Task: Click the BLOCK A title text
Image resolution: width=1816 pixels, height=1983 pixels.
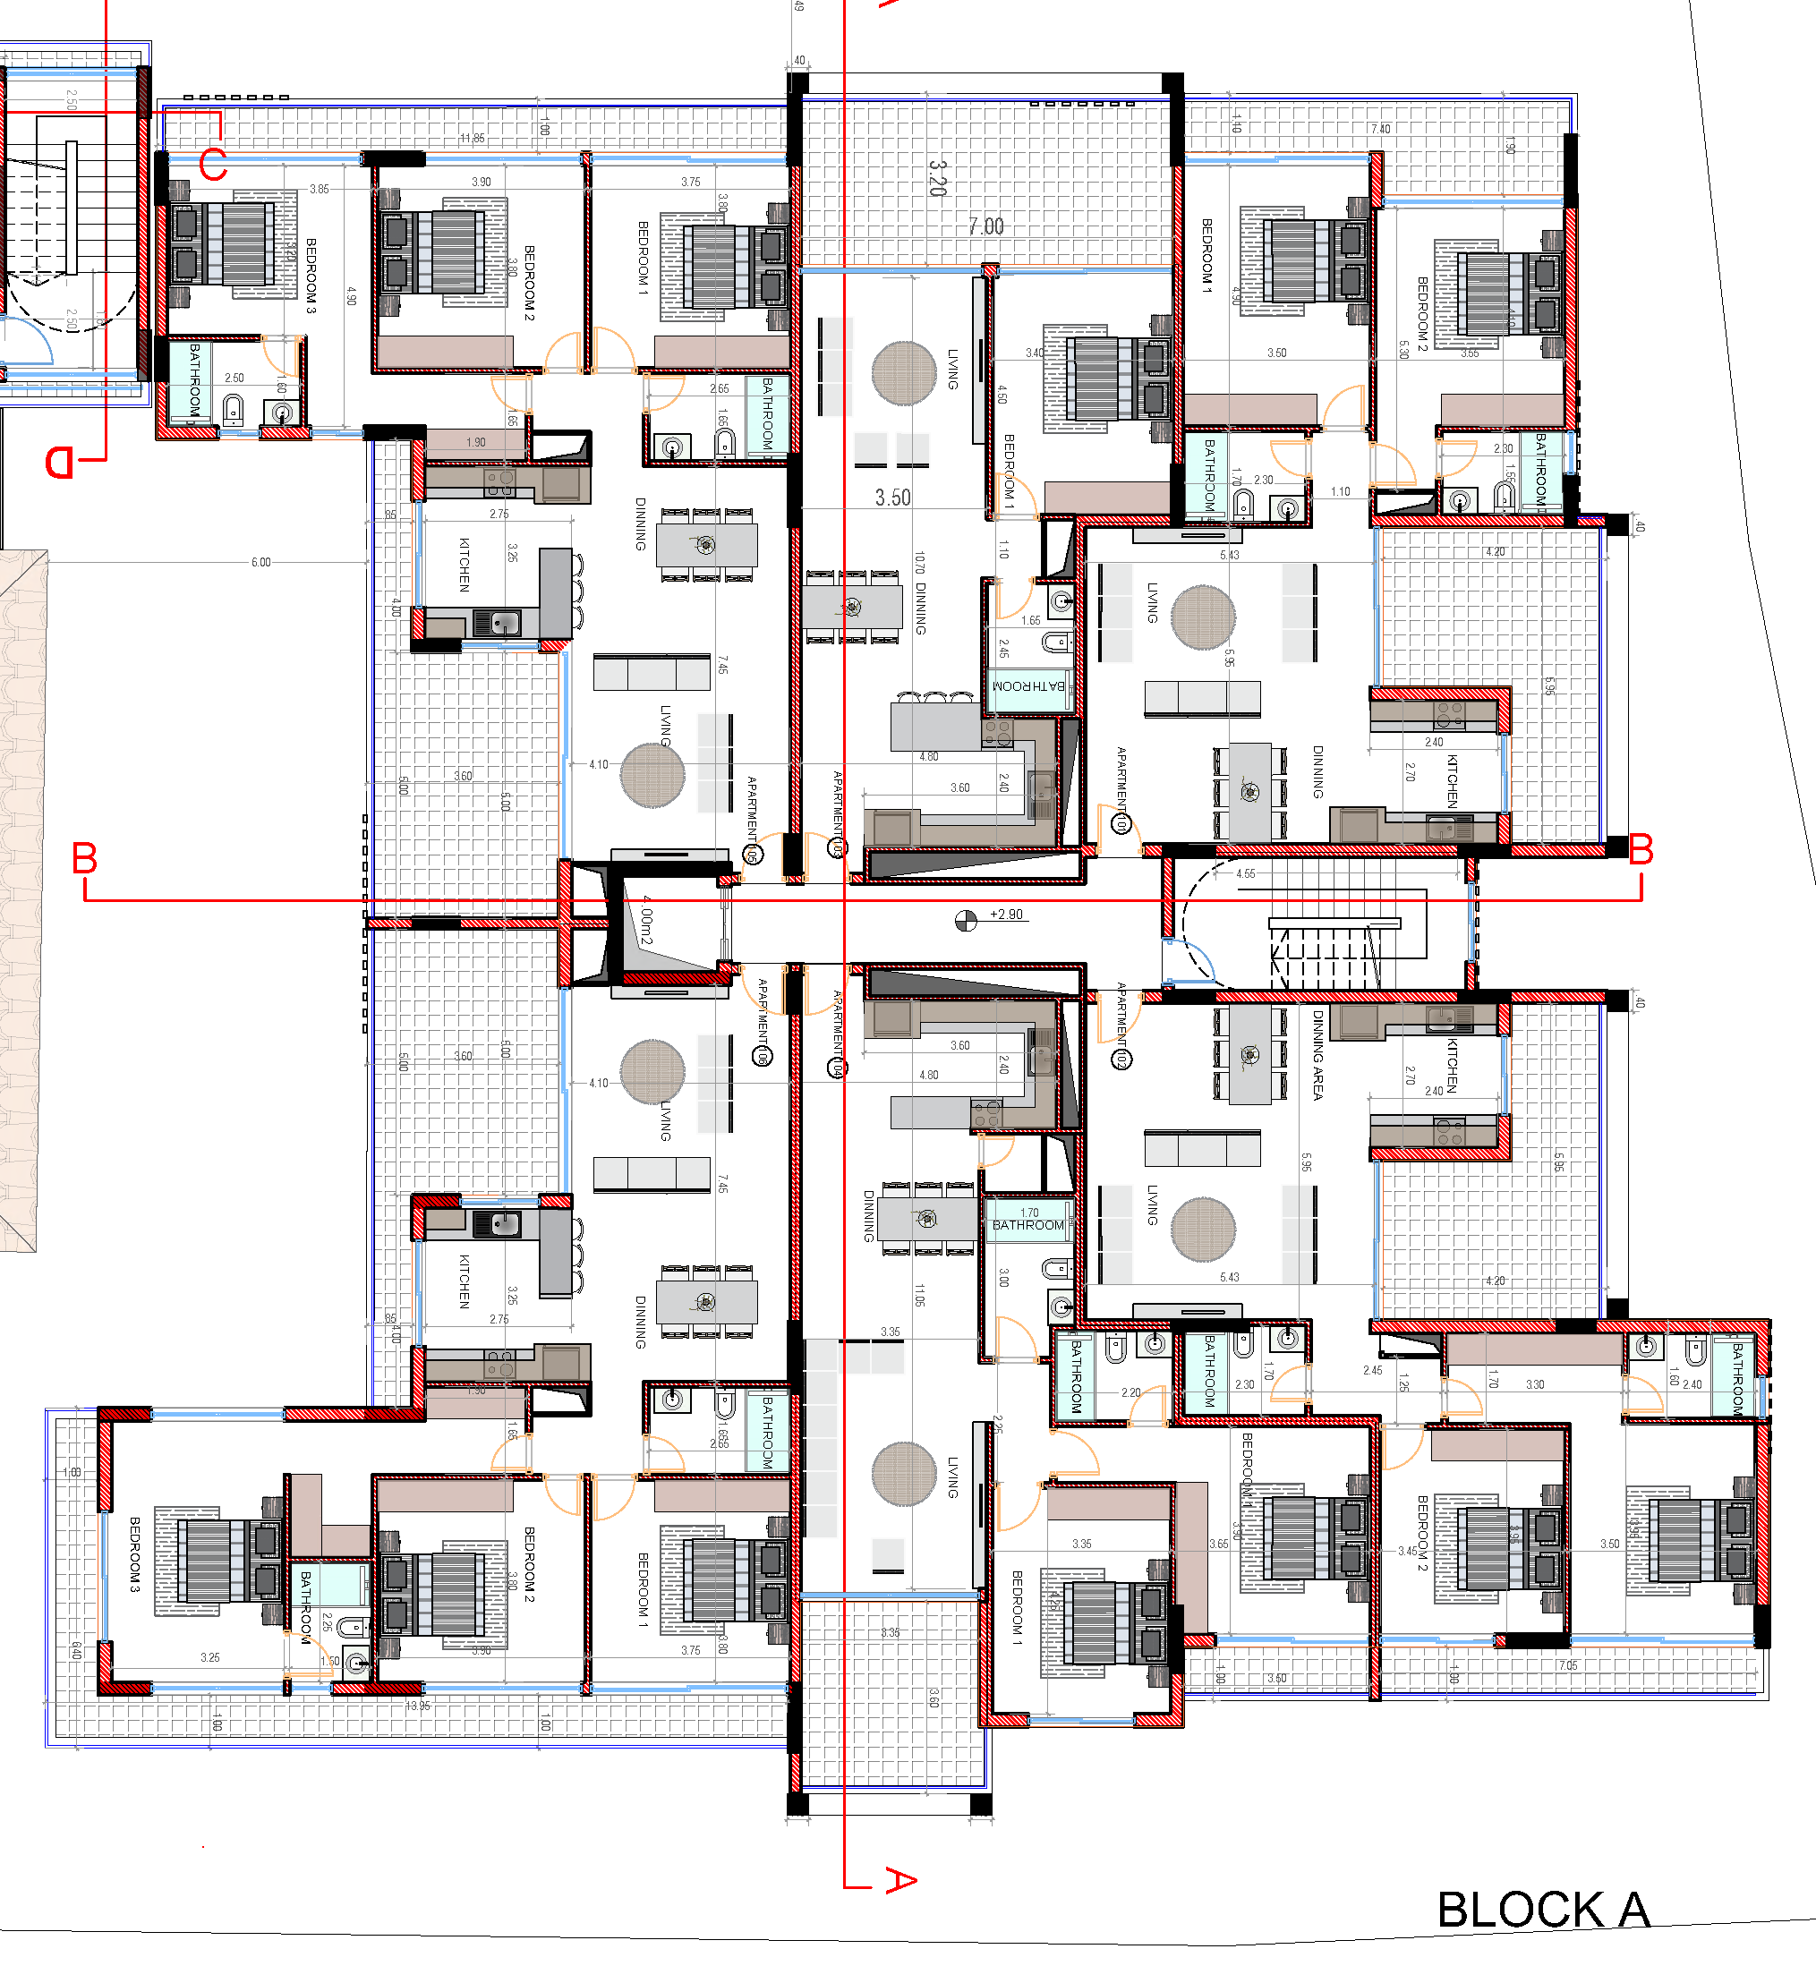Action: click(1542, 1911)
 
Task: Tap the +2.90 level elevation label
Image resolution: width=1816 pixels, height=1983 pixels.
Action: click(1006, 914)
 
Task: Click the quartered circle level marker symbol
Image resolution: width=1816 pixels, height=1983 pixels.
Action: click(966, 920)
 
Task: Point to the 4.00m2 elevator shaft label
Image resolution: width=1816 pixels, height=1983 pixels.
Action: click(645, 920)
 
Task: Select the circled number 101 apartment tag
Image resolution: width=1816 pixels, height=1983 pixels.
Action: click(1121, 823)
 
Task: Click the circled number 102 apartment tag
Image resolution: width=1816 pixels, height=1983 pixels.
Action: click(1121, 1060)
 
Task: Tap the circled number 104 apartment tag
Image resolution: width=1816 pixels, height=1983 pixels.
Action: click(836, 1068)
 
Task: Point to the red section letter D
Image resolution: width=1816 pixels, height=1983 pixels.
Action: click(60, 462)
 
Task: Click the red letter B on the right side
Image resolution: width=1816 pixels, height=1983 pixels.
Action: click(1640, 850)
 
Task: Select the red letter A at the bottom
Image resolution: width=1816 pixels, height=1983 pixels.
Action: click(900, 1880)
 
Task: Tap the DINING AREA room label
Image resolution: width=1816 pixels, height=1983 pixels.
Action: click(1317, 1053)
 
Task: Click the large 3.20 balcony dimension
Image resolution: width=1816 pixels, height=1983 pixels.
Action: click(937, 178)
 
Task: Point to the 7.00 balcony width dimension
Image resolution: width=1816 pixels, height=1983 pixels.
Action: click(985, 226)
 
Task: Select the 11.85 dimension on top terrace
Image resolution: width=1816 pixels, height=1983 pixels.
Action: click(473, 138)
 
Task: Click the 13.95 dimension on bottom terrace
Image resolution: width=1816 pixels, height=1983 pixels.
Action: click(418, 1706)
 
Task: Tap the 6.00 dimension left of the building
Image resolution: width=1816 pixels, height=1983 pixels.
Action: click(260, 562)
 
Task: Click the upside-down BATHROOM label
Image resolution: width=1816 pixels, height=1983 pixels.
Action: click(1028, 685)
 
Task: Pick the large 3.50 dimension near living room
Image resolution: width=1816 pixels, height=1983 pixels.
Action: click(892, 498)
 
